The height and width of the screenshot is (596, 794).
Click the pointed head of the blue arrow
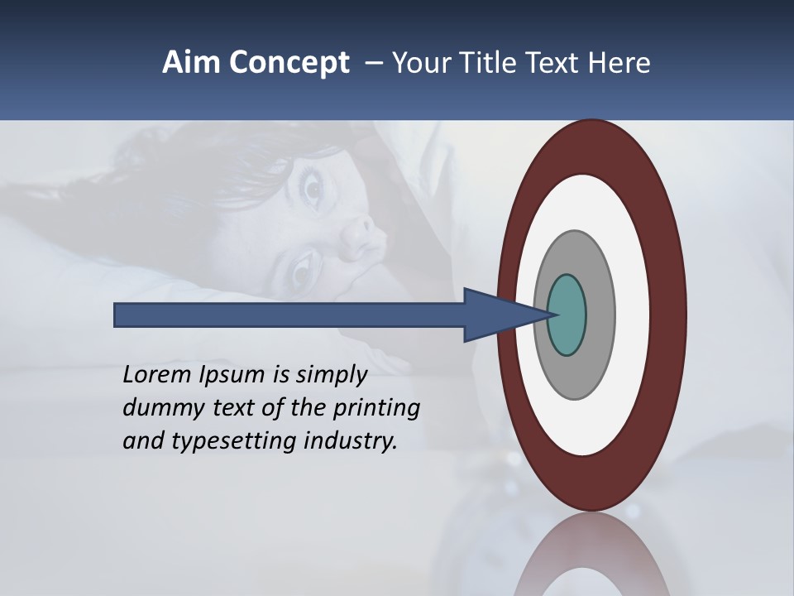pyautogui.click(x=505, y=315)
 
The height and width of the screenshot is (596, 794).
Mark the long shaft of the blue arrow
pyautogui.click(x=289, y=315)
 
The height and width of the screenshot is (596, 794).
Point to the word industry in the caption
pyautogui.click(x=351, y=441)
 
